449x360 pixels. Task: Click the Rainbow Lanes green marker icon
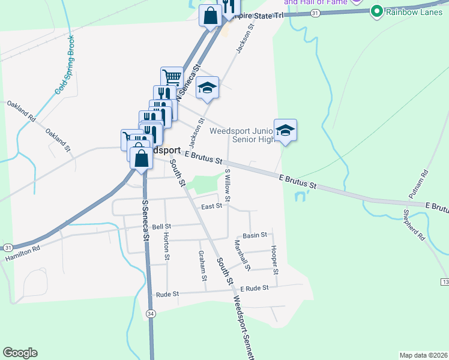[377, 11]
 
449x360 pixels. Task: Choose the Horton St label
[167, 248]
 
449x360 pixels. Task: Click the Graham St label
[202, 266]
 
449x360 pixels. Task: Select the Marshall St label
[243, 254]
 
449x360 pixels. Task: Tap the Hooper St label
[275, 260]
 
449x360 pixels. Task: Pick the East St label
[212, 206]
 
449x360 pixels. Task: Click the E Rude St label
[254, 289]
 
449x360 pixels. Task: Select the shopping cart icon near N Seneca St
[172, 77]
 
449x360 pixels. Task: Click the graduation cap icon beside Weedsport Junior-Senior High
[286, 130]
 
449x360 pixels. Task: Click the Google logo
[20, 353]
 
